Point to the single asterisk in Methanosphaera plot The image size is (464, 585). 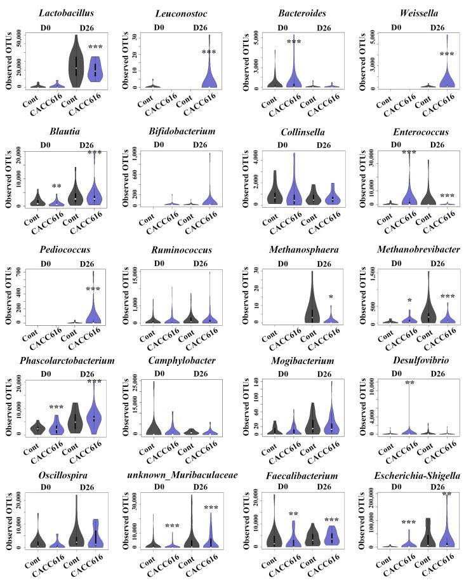pyautogui.click(x=329, y=297)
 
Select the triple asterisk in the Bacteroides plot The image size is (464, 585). pyautogui.click(x=293, y=43)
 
